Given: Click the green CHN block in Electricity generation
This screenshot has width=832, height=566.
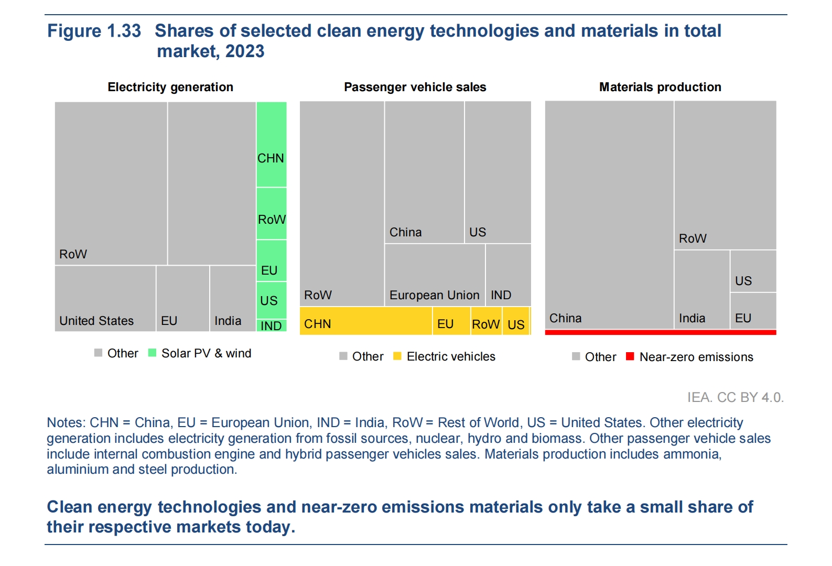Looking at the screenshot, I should point(272,145).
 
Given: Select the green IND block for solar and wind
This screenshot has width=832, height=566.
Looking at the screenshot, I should point(272,325).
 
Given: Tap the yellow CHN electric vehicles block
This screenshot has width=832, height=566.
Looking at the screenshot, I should point(366,321).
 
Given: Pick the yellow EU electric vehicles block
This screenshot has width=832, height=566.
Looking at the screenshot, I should point(451,321).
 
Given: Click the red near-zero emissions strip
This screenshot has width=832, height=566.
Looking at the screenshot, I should point(660,332).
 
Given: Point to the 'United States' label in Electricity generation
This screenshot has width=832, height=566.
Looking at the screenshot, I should point(96,321).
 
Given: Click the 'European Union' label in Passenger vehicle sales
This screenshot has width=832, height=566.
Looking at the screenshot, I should point(434,295).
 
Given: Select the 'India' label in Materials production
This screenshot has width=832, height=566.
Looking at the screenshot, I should point(692,318).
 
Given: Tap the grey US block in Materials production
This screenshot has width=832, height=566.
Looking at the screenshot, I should point(753,271).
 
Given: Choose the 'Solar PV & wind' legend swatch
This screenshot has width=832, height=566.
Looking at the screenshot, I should point(153,353).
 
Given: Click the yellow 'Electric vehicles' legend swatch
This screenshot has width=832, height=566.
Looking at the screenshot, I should point(397,356).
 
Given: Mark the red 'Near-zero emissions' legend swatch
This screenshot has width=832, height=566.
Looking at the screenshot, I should point(630,356).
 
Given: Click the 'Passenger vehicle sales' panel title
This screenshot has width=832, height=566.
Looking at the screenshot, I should point(415,87).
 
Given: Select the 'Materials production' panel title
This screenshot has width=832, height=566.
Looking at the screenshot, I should point(660,87).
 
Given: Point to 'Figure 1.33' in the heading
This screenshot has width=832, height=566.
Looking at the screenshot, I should point(94,31).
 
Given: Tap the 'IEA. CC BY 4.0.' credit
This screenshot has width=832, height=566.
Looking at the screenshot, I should point(735,397).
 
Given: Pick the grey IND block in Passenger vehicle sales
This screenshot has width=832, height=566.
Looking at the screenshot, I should point(508,275).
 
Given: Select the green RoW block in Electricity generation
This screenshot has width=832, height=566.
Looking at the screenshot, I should point(272,213).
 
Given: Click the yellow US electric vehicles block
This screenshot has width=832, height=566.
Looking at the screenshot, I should point(516,321).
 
